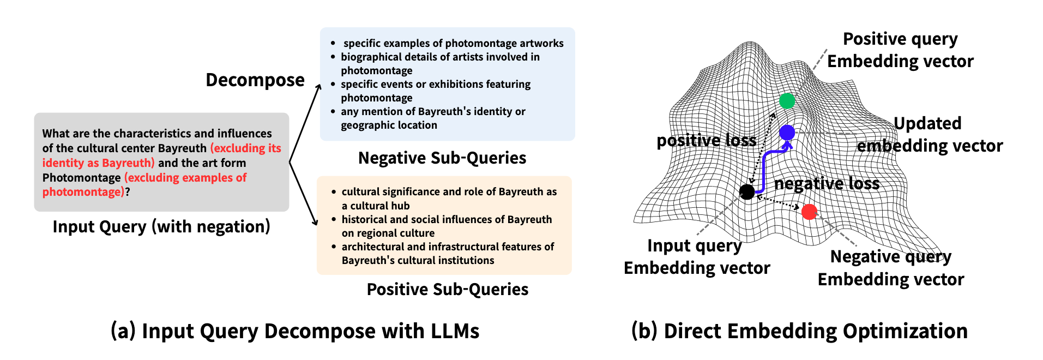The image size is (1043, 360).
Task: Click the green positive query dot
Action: point(787,101)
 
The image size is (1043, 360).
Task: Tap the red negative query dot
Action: point(809,212)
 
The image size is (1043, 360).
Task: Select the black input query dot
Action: point(747,191)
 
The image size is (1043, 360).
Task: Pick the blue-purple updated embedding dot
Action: point(787,132)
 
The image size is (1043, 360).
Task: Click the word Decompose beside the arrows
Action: point(255,80)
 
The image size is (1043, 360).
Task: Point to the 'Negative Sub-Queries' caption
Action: point(442,158)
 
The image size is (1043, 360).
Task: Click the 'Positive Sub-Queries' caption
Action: point(447,289)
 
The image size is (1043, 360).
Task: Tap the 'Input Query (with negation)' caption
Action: point(161,226)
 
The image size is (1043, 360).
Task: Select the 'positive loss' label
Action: point(706,141)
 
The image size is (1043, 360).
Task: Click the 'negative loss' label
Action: point(827,184)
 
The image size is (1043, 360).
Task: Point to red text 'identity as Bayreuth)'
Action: point(99,163)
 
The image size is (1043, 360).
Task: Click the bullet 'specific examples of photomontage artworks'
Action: point(453,43)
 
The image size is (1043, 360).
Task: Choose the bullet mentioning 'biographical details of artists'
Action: point(440,63)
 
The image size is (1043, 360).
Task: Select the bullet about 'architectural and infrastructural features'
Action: point(448,253)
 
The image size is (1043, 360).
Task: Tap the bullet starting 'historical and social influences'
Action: point(447,226)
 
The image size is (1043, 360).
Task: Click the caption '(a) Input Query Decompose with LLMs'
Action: point(294,331)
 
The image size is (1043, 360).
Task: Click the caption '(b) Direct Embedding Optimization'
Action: point(799,331)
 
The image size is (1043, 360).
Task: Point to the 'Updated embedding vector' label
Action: point(929,134)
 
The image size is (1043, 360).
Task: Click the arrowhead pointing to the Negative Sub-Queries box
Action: point(319,87)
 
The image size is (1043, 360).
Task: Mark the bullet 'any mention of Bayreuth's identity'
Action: point(433,118)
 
